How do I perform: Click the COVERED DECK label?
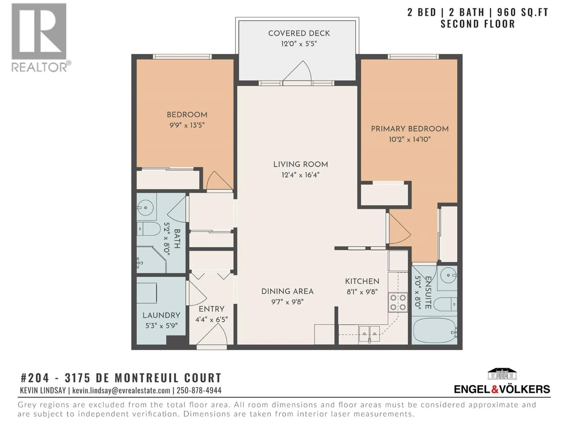pyautogui.click(x=299, y=33)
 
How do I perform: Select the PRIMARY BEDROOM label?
pyautogui.click(x=409, y=129)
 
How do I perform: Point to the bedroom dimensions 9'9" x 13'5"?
pyautogui.click(x=187, y=125)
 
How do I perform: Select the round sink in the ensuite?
pyautogui.click(x=448, y=275)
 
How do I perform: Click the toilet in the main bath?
pyautogui.click(x=148, y=229)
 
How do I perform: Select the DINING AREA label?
pyautogui.click(x=287, y=291)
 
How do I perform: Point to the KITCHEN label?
pyautogui.click(x=362, y=281)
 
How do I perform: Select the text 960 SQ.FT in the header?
pyautogui.click(x=519, y=12)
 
